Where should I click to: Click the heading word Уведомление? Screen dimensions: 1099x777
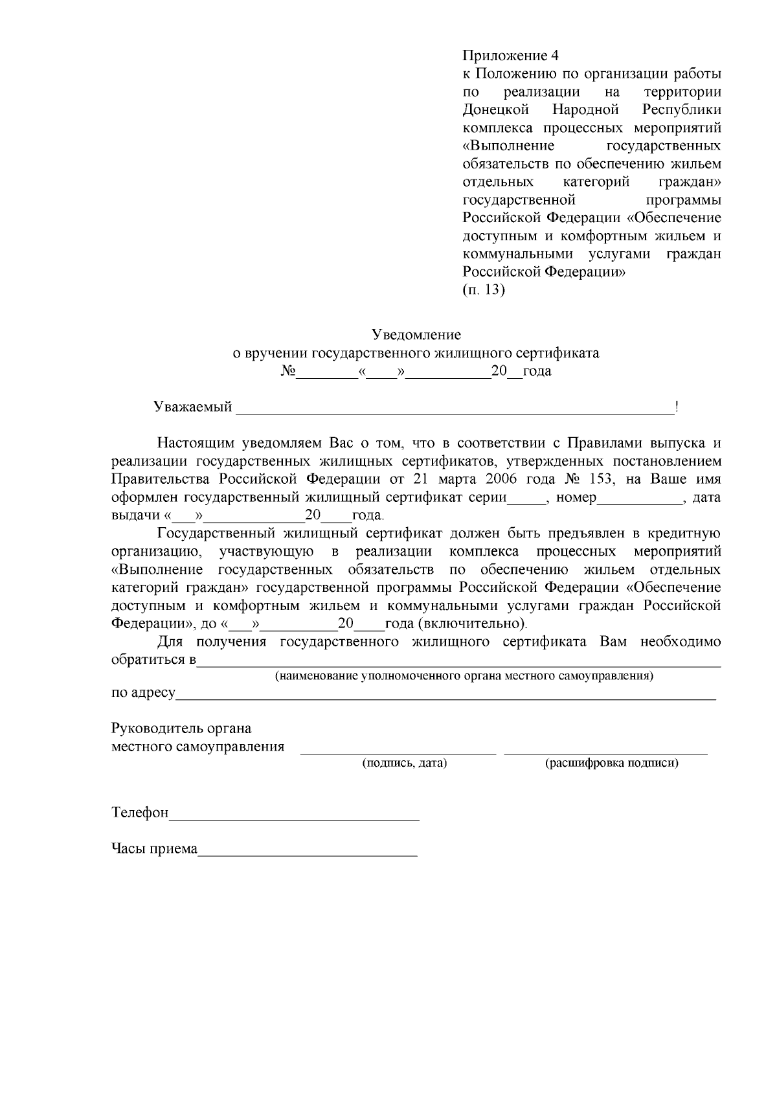[416, 335]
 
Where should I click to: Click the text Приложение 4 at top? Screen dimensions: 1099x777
[510, 54]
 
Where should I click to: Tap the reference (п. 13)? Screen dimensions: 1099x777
[483, 289]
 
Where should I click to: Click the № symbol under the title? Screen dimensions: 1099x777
[288, 372]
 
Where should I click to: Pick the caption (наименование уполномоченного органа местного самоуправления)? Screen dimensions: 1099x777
[464, 676]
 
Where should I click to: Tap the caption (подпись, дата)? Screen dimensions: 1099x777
[404, 763]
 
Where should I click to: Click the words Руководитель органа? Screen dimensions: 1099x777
[181, 728]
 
